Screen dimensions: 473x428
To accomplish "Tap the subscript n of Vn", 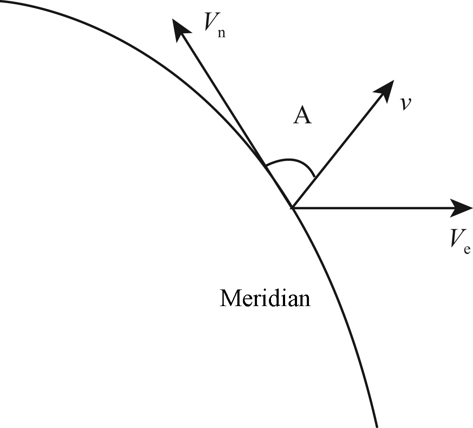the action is coord(222,34).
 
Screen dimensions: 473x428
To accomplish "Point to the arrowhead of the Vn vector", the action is coord(179,29).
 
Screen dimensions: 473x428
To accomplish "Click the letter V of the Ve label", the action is coord(456,238).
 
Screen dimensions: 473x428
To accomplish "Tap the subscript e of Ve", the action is coord(467,249).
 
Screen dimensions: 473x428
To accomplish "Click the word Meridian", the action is coord(265,298).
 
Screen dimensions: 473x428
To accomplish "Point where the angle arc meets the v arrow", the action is coord(314,176).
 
